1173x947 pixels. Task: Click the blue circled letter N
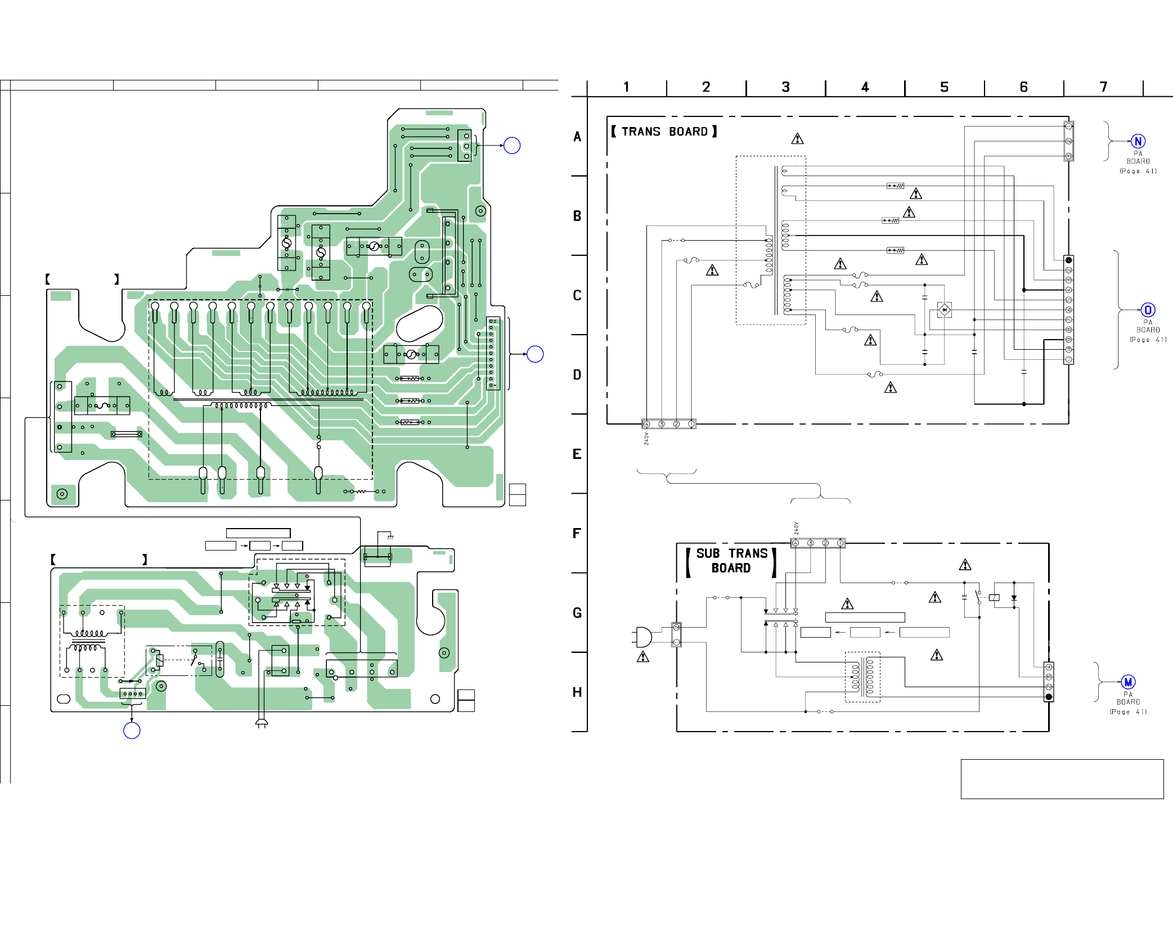(x=1138, y=141)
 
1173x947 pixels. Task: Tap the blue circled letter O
(x=1148, y=310)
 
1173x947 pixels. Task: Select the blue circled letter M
(x=1127, y=682)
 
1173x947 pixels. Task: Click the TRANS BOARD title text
(x=664, y=132)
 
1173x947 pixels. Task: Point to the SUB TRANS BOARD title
(x=731, y=561)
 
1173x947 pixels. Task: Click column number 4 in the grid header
(x=865, y=87)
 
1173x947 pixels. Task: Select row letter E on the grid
(x=577, y=454)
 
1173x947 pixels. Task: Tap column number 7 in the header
(x=1103, y=87)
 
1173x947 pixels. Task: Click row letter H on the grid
(x=577, y=692)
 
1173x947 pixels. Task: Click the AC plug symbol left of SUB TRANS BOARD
(x=642, y=637)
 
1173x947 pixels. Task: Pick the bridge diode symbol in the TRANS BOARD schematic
(x=944, y=310)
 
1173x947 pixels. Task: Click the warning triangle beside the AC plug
(x=642, y=657)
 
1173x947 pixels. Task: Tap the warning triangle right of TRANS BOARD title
(x=797, y=138)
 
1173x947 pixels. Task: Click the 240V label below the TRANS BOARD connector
(x=646, y=439)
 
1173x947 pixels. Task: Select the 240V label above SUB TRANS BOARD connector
(x=796, y=528)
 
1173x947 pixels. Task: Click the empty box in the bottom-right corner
(x=1062, y=779)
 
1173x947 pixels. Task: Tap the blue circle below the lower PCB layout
(x=132, y=730)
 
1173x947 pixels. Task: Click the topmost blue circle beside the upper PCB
(x=512, y=146)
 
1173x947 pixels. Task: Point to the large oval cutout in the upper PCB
(x=419, y=324)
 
